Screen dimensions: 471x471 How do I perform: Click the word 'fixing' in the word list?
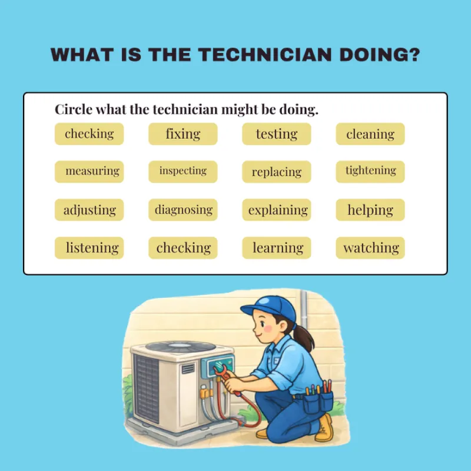click(183, 134)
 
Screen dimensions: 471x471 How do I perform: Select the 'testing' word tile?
click(277, 134)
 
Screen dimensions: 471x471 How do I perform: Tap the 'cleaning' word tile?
click(370, 134)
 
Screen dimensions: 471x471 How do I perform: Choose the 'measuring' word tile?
click(89, 172)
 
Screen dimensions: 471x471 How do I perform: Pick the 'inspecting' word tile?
click(183, 172)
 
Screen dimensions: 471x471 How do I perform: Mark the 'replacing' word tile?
click(277, 172)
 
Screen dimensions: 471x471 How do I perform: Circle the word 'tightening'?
click(370, 172)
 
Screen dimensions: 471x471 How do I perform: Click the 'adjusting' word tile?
click(89, 210)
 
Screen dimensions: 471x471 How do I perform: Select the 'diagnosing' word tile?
click(183, 210)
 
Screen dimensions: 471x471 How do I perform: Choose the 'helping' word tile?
click(370, 210)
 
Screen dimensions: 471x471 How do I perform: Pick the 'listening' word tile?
click(89, 248)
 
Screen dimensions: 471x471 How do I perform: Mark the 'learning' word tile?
click(277, 248)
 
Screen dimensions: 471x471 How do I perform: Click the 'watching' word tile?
click(370, 248)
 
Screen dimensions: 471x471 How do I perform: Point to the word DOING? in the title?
click(379, 55)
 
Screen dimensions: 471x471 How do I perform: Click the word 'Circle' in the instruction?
click(74, 109)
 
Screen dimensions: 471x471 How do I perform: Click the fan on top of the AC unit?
click(181, 347)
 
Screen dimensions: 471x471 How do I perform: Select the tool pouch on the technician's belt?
click(318, 400)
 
